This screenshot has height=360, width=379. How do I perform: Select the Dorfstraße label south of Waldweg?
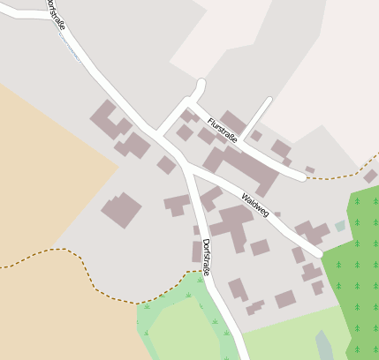coord(205,257)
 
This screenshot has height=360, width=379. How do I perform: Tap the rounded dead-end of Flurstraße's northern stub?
coord(201,85)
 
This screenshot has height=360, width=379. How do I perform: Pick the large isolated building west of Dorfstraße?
coord(122,210)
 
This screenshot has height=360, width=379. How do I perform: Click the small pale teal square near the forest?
coord(340,227)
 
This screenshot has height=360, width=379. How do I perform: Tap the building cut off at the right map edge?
coord(370,176)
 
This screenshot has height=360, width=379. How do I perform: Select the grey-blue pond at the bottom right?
coord(325,345)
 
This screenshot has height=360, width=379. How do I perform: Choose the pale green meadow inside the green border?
coord(181,326)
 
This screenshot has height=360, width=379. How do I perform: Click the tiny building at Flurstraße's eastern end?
coord(309,169)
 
